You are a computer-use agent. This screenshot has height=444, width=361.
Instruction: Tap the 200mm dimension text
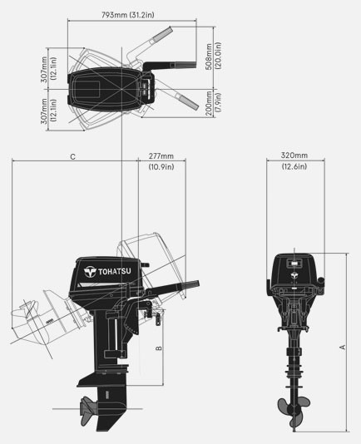pyautogui.click(x=208, y=124)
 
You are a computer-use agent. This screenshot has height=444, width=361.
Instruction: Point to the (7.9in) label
pyautogui.click(x=218, y=124)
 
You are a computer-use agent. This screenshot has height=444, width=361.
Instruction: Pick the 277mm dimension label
pyautogui.click(x=161, y=156)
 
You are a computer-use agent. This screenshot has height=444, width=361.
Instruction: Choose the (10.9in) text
pyautogui.click(x=161, y=167)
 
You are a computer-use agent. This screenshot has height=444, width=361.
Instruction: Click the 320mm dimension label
pyautogui.click(x=294, y=155)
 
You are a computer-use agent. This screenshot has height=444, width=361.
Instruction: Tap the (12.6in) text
pyautogui.click(x=294, y=167)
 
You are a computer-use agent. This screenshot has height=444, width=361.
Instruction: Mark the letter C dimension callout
pyautogui.click(x=72, y=156)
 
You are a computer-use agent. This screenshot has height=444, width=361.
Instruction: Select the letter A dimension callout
pyautogui.click(x=341, y=348)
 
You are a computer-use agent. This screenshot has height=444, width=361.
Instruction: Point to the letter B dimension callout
pyautogui.click(x=159, y=348)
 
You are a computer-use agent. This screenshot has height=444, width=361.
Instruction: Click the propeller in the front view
pyautogui.click(x=294, y=409)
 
